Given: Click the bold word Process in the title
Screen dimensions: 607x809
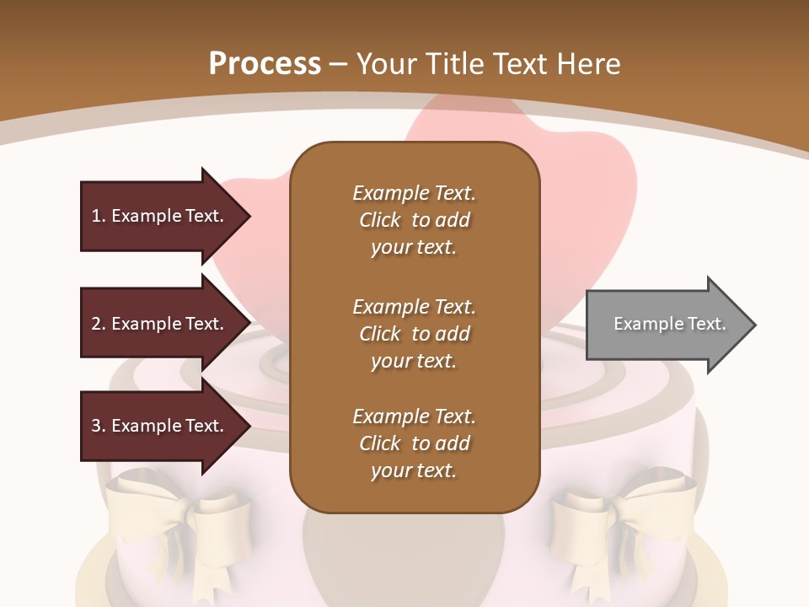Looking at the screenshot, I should pos(265,64).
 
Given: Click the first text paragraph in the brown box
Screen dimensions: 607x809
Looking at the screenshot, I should pos(414,220).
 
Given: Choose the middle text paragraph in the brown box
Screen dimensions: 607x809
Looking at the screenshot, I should pos(414,333).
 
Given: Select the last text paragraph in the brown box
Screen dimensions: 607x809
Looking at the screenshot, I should pos(414,443).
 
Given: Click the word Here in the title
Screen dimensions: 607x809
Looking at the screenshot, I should pos(590,64).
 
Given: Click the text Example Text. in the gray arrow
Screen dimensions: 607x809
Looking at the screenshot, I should pos(670,324).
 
